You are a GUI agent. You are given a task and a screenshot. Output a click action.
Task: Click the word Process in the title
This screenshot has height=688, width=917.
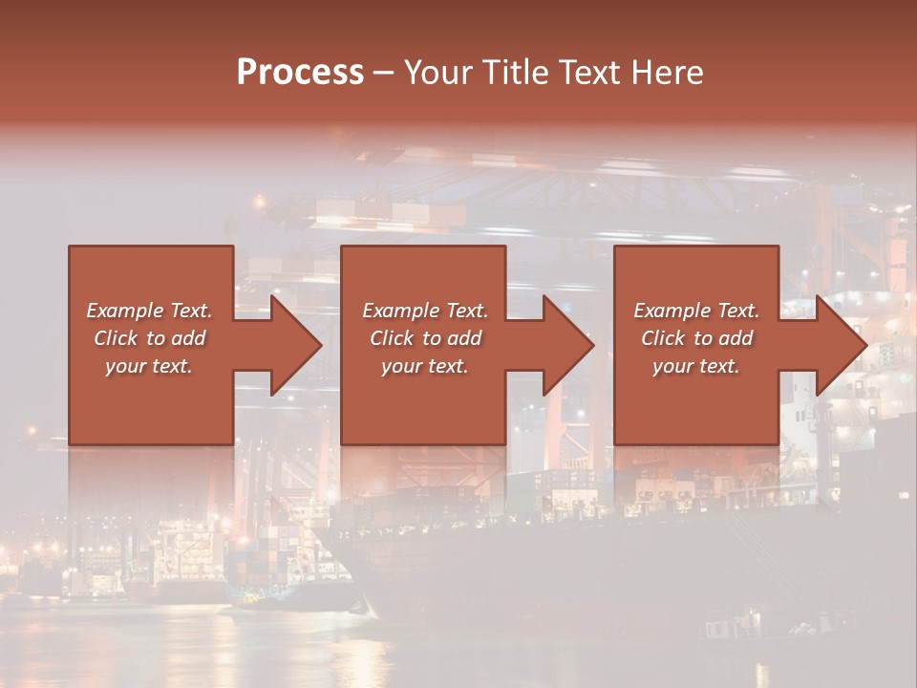pos(300,73)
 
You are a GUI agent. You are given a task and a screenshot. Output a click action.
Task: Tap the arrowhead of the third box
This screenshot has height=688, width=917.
pos(841,345)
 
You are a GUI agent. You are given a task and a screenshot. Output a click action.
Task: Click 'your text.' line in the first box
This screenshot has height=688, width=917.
pos(149,366)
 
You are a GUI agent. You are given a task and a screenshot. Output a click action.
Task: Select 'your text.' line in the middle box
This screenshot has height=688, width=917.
pos(424,366)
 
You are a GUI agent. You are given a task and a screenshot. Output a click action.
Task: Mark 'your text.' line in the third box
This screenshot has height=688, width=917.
pos(696,366)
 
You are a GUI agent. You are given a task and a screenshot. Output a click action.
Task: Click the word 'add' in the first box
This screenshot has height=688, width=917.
pos(188,338)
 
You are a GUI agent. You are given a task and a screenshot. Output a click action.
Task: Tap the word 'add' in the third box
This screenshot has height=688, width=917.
pos(736,338)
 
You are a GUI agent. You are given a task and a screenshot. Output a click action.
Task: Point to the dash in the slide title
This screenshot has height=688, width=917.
pos(384,74)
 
